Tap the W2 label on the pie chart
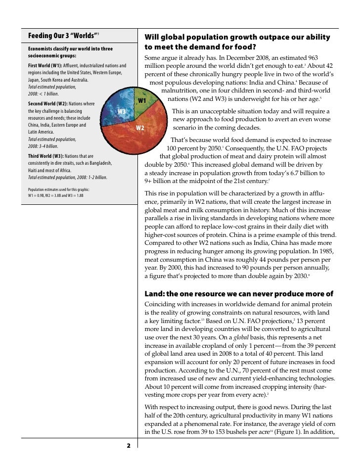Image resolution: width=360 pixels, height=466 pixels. [x=140, y=128]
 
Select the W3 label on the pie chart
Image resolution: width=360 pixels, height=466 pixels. [x=122, y=111]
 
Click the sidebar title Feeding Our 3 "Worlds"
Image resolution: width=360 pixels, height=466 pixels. [x=62, y=36]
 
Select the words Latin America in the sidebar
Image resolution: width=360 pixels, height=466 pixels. [x=42, y=132]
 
